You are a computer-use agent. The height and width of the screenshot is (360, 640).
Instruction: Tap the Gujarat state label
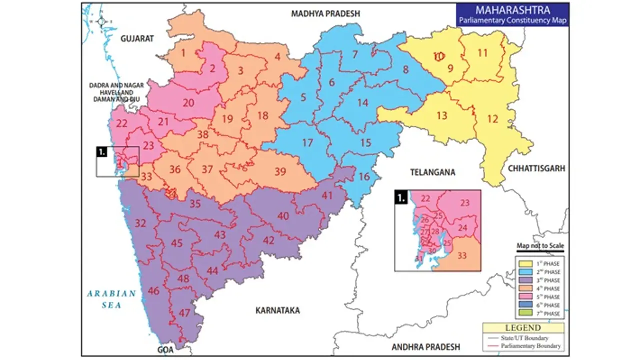pyautogui.click(x=137, y=38)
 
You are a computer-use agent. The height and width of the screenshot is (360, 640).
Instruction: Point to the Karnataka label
pyautogui.click(x=277, y=310)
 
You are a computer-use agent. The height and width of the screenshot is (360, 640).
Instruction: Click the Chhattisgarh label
pyautogui.click(x=537, y=169)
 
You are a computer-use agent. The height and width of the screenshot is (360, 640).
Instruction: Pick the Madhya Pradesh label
pyautogui.click(x=325, y=14)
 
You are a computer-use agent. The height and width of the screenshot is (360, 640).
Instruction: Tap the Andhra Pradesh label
pyautogui.click(x=425, y=347)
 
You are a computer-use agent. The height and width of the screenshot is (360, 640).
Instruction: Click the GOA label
pyautogui.click(x=165, y=350)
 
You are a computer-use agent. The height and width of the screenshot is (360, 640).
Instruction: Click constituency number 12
pyautogui.click(x=493, y=119)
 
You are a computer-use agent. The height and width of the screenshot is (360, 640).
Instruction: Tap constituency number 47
pyautogui.click(x=185, y=313)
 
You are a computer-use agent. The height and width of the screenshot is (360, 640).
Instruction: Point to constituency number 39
pyautogui.click(x=280, y=172)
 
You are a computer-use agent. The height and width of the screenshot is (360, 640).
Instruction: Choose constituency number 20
pyautogui.click(x=188, y=103)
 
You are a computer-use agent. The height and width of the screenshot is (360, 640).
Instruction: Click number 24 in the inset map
pyautogui.click(x=463, y=228)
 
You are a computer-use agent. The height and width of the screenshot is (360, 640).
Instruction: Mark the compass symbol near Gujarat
pyautogui.click(x=102, y=21)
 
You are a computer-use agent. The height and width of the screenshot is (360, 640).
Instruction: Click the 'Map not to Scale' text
pyautogui.click(x=540, y=246)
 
